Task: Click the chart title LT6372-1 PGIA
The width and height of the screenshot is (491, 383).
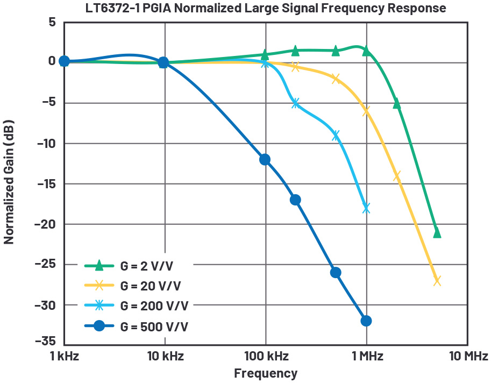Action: tap(265, 9)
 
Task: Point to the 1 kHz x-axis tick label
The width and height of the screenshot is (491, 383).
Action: tap(64, 357)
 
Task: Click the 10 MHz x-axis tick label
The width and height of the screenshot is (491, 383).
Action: tap(467, 357)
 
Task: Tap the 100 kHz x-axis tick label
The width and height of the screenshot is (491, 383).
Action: tap(266, 357)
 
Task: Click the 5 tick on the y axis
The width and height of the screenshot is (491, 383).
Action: tap(52, 23)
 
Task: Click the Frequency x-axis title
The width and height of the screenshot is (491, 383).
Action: tap(265, 373)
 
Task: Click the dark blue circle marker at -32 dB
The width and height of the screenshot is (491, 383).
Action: tap(366, 321)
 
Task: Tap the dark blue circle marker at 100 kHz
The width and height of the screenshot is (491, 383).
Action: tap(265, 160)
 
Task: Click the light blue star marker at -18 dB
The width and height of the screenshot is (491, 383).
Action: tap(366, 208)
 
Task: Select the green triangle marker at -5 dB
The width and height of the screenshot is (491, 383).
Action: tap(397, 104)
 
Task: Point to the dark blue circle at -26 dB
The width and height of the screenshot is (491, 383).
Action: tap(336, 273)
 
